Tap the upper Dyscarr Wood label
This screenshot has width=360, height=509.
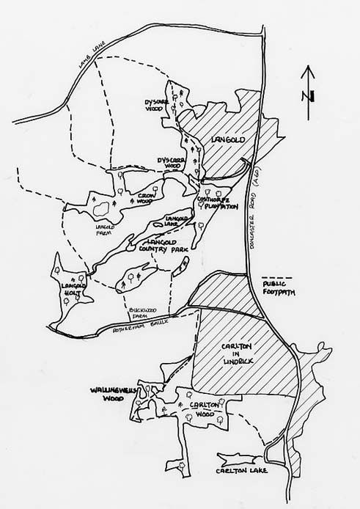pyautogui.click(x=158, y=103)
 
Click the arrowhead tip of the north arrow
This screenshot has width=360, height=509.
pyautogui.click(x=309, y=67)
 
